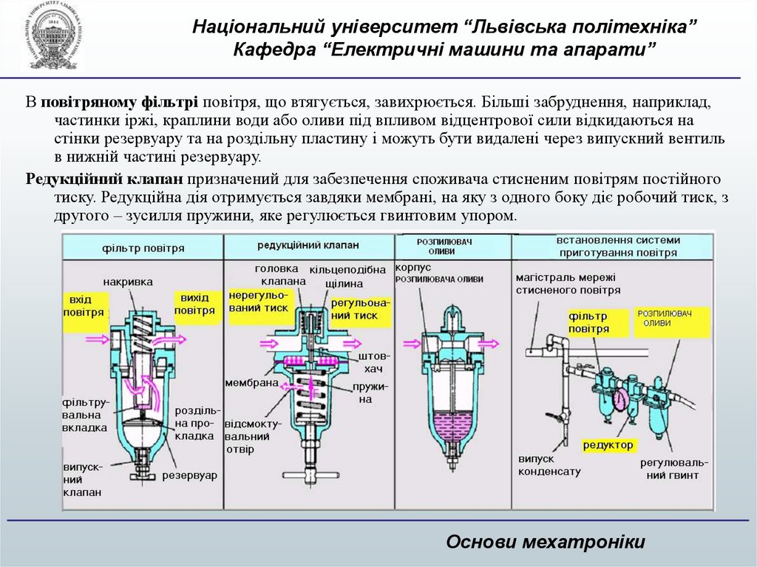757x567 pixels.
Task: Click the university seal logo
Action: pos(51,37)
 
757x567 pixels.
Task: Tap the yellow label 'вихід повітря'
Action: pos(195,304)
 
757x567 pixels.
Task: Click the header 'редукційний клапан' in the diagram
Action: pos(309,245)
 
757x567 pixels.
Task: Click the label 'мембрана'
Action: pos(251,383)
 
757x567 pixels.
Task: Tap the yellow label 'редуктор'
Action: pos(608,445)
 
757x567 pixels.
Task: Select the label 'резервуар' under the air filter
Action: pos(190,475)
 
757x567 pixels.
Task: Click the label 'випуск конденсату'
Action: pos(549,465)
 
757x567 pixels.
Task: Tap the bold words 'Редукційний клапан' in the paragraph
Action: pos(104,180)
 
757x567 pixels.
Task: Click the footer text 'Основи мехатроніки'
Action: pos(546,542)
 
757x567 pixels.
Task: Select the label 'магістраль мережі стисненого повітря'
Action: pos(568,283)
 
